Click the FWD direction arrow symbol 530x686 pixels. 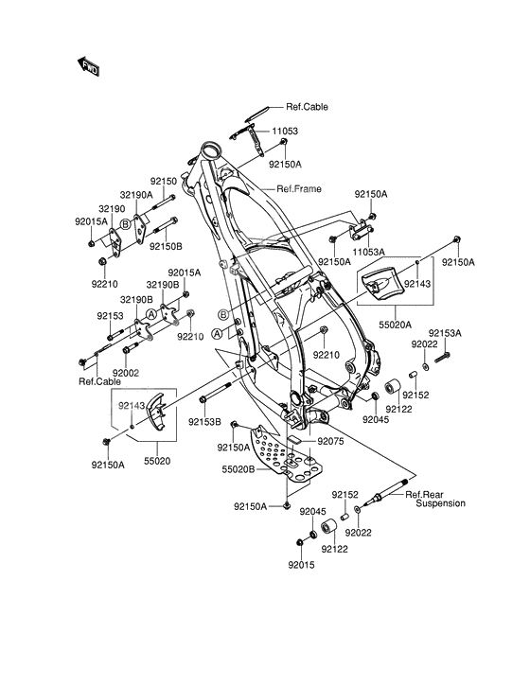coord(89,66)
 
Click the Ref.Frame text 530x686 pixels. coord(298,188)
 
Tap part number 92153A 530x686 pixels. coord(444,333)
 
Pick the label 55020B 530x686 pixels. coord(238,468)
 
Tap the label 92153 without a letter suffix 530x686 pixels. coord(109,317)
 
